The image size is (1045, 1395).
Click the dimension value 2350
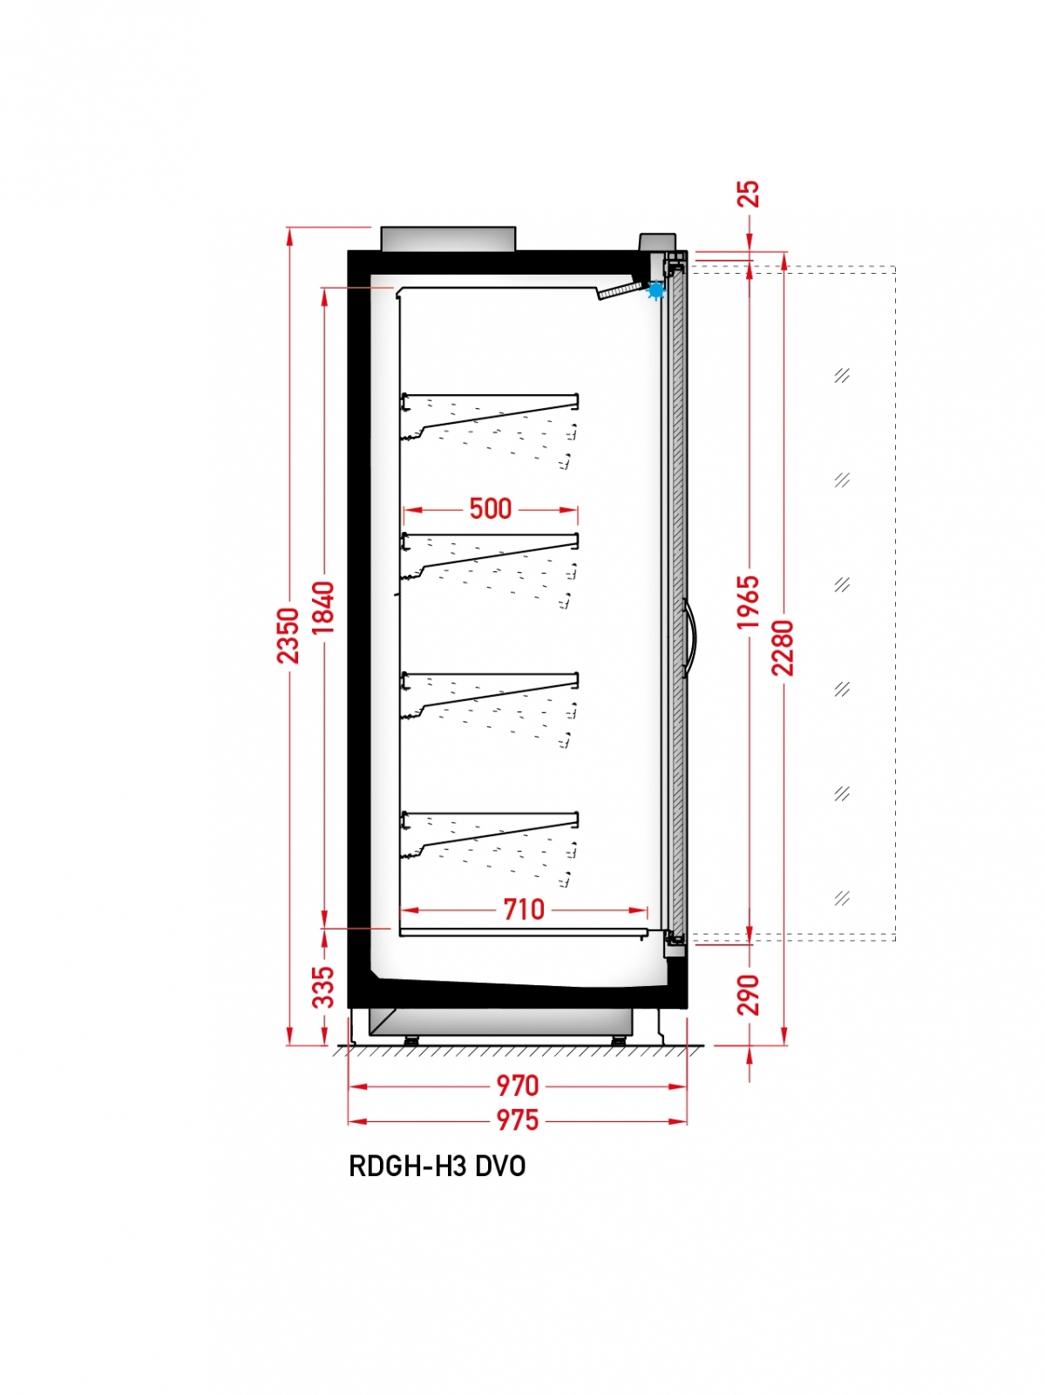click(288, 635)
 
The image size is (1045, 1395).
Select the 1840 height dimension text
click(323, 608)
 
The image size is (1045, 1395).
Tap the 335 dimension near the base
click(323, 987)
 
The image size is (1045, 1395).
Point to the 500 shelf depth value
click(491, 508)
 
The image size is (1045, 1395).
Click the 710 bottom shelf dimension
click(524, 909)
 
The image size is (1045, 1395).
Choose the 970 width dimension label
click(517, 1085)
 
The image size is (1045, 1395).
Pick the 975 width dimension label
click(517, 1120)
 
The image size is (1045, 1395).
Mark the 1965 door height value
click(749, 602)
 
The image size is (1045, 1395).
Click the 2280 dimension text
click(783, 648)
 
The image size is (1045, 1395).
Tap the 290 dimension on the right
click(749, 995)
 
